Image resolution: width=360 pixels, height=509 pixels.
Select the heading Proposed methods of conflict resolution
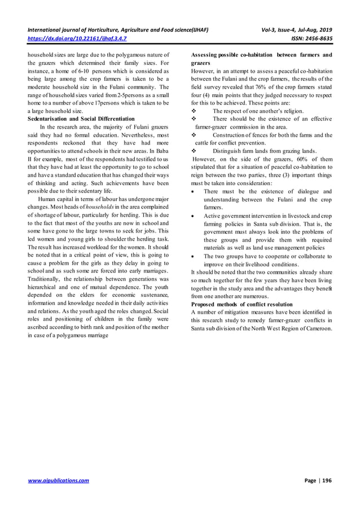point(242,304)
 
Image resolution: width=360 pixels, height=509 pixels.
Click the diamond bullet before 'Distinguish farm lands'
point(194,151)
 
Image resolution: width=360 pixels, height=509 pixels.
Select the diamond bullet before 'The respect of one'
point(194,111)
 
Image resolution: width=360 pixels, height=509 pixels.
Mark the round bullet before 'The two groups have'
point(194,256)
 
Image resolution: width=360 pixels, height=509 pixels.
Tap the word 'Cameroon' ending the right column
point(317,328)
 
